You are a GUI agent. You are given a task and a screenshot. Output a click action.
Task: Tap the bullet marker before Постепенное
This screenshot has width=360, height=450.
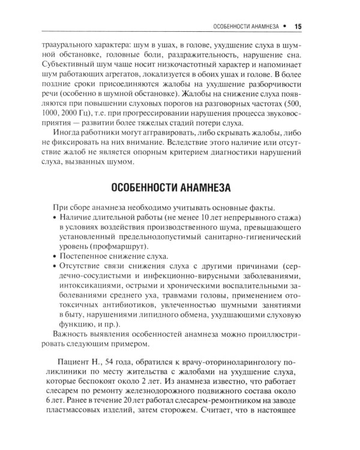click(55, 254)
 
